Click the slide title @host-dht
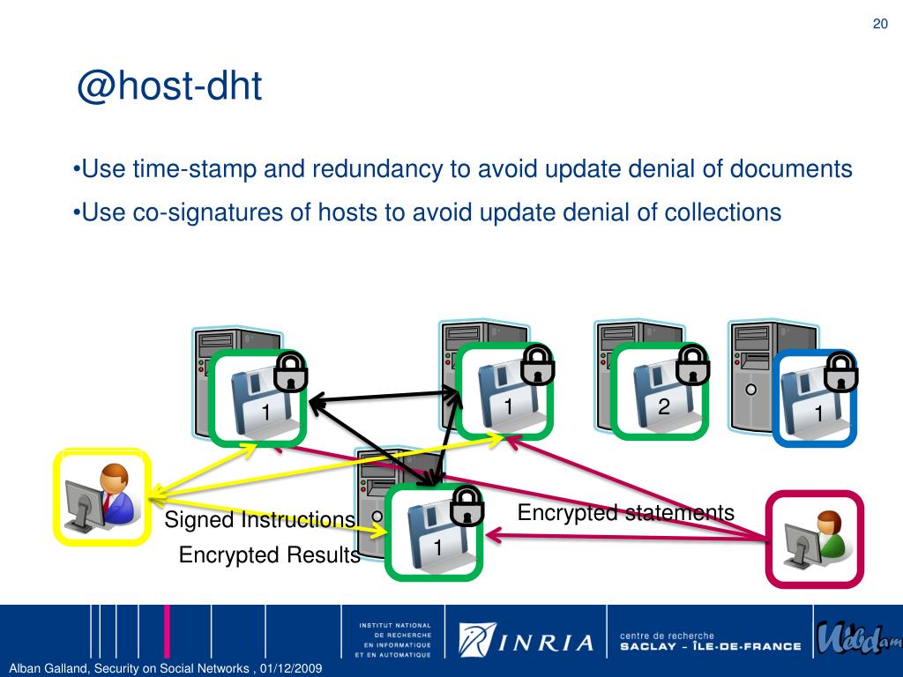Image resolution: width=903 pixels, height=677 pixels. (169, 88)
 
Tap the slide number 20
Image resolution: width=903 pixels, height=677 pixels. (879, 24)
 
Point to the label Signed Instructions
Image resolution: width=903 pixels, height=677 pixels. (259, 520)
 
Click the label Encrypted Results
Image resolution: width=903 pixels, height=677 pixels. (269, 555)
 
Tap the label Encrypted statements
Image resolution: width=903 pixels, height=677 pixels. (625, 512)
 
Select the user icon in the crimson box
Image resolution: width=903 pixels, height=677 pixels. (814, 539)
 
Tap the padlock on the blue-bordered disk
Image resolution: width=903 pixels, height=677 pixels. (841, 371)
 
